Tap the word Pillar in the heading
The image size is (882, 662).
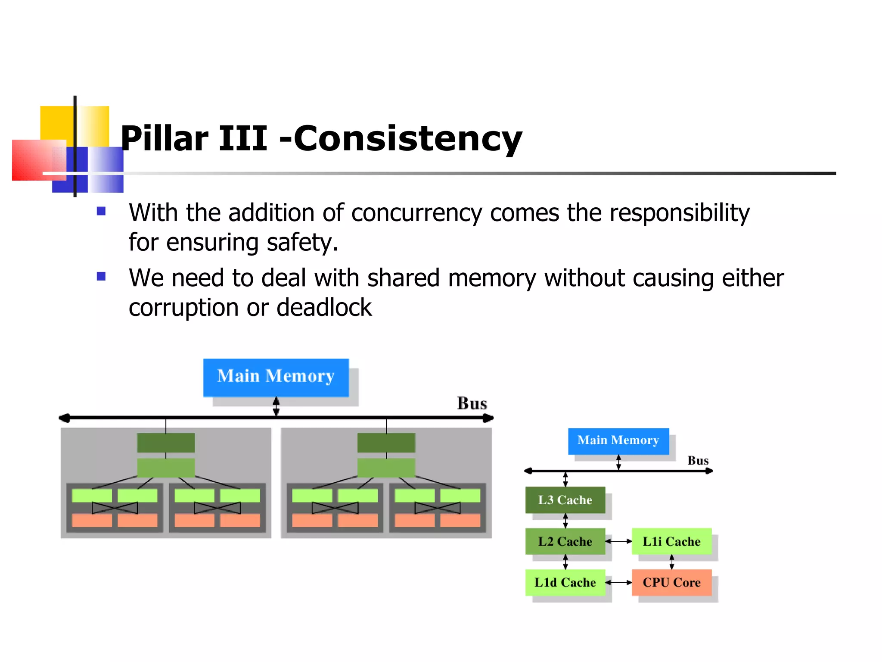[x=165, y=139]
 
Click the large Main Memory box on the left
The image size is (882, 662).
[x=276, y=377]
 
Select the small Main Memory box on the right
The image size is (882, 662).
[x=618, y=440]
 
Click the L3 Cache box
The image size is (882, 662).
[x=565, y=500]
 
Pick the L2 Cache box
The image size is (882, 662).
[x=565, y=541]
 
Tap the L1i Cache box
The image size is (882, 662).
[x=671, y=541]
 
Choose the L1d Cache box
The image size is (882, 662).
[x=565, y=583]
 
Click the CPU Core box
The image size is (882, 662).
[x=671, y=583]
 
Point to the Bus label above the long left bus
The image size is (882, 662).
[x=472, y=404]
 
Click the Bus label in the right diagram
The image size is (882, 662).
[x=698, y=461]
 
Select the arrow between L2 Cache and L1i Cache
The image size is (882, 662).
[x=618, y=541]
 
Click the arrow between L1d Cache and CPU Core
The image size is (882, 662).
[x=618, y=583]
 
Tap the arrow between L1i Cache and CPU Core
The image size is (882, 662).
[x=671, y=562]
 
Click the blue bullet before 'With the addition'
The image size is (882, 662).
[x=101, y=211]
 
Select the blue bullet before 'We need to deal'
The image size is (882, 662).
[x=101, y=276]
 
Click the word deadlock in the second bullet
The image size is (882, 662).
[x=324, y=308]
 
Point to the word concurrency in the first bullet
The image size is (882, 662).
[x=416, y=213]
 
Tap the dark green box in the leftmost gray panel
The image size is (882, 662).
[x=166, y=443]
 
